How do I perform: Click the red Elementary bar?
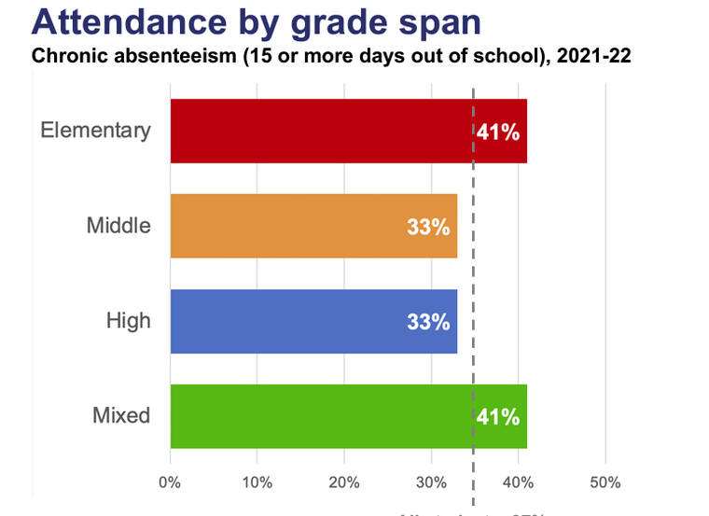pyautogui.click(x=317, y=131)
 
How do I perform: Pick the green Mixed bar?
pyautogui.click(x=317, y=416)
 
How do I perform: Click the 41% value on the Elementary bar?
pyautogui.click(x=498, y=132)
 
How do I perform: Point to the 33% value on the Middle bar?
pyautogui.click(x=428, y=227)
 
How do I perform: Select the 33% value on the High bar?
pyautogui.click(x=428, y=322)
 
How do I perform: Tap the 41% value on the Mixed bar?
pyautogui.click(x=498, y=417)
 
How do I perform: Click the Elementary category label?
pyautogui.click(x=95, y=130)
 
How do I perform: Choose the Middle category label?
pyautogui.click(x=118, y=225)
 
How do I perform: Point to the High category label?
pyautogui.click(x=129, y=320)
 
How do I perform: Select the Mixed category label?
pyautogui.click(x=121, y=415)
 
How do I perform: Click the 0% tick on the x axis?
pyautogui.click(x=170, y=482)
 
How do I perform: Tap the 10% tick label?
pyautogui.click(x=257, y=482)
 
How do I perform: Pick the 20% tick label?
pyautogui.click(x=343, y=482)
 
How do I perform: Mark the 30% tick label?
pyautogui.click(x=431, y=482)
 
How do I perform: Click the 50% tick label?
pyautogui.click(x=605, y=482)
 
